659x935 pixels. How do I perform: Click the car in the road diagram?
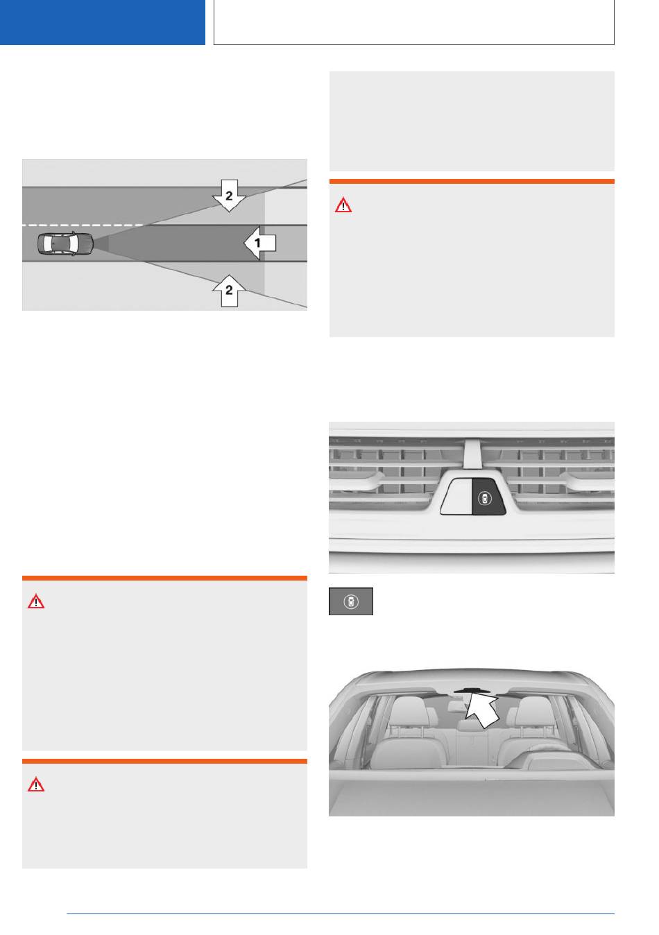65,243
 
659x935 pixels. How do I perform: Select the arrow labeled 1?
259,243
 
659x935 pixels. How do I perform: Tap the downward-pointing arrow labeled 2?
229,196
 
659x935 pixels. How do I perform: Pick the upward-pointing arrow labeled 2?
229,291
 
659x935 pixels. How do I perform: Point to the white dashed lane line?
83,225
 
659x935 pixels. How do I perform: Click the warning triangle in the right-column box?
343,205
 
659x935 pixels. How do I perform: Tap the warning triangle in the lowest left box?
36,784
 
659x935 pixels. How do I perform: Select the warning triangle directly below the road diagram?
36,601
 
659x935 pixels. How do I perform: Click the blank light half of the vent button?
456,497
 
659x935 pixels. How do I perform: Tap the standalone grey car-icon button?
350,601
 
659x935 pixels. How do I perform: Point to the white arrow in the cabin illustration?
482,710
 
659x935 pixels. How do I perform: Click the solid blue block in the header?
102,22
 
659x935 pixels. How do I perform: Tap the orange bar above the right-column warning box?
472,181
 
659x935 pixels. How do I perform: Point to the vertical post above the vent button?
472,453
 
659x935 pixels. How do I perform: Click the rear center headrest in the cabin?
467,726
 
